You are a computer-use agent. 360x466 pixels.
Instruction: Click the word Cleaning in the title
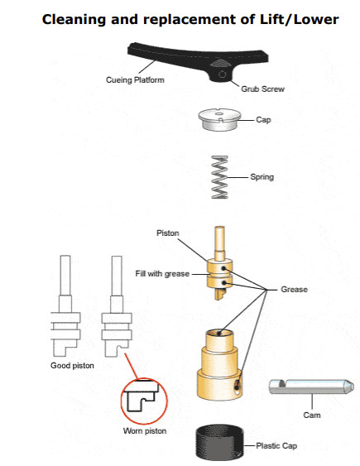(x=74, y=20)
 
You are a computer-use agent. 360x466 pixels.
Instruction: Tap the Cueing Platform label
(x=135, y=80)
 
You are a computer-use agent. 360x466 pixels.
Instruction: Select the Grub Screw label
(x=262, y=89)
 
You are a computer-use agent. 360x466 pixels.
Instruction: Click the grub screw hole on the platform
(x=222, y=74)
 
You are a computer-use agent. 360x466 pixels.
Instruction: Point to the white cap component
(x=219, y=119)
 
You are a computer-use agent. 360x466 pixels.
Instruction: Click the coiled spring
(x=219, y=177)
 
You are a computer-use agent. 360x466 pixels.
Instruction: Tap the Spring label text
(x=262, y=177)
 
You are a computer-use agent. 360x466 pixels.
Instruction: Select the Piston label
(x=168, y=233)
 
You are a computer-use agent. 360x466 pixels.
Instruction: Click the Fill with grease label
(x=162, y=274)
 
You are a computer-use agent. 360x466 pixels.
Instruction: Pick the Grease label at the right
(x=294, y=290)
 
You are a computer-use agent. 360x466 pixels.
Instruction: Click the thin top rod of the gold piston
(x=219, y=239)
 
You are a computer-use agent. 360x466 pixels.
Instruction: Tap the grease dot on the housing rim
(x=219, y=334)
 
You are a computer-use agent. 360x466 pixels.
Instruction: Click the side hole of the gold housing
(x=238, y=387)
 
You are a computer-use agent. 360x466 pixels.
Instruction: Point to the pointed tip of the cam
(x=353, y=387)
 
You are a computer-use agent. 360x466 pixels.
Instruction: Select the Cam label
(x=312, y=415)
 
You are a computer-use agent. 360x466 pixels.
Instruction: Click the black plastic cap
(x=219, y=442)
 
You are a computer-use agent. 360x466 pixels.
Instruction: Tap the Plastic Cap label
(x=276, y=446)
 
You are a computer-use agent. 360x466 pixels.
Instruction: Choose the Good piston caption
(x=72, y=366)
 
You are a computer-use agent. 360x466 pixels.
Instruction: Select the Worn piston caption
(x=145, y=431)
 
